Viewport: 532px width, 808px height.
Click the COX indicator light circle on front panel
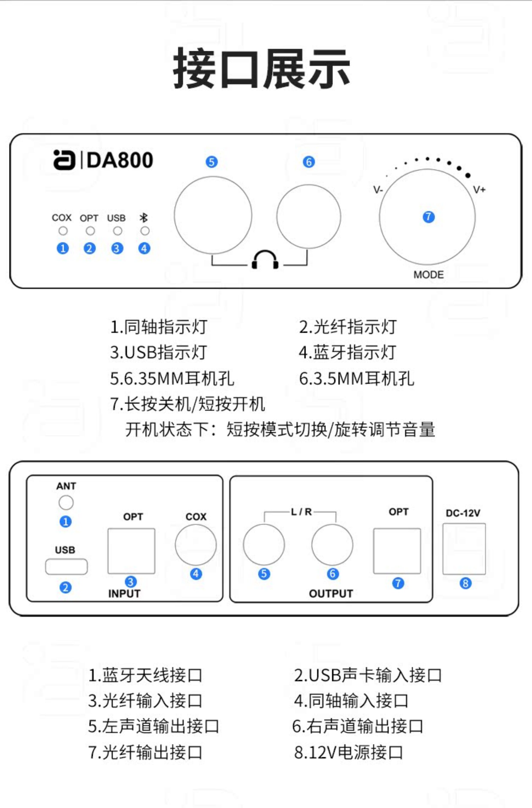point(63,231)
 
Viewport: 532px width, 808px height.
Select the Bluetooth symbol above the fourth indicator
point(144,218)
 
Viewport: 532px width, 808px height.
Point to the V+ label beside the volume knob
point(479,189)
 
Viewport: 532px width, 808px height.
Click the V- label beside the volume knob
point(378,189)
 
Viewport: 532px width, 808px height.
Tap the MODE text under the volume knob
point(428,274)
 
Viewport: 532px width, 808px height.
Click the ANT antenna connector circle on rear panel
point(66,503)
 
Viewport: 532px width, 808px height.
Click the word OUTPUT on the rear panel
point(331,593)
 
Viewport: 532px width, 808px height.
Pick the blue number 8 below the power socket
point(465,583)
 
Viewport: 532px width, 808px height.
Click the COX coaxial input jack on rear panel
point(196,545)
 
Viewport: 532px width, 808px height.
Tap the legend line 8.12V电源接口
point(348,752)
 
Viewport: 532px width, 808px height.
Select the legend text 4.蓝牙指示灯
point(348,352)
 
